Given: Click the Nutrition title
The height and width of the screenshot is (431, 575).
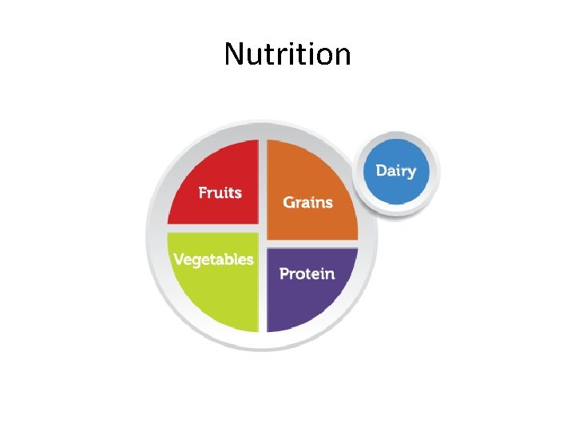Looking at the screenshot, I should click(x=287, y=55).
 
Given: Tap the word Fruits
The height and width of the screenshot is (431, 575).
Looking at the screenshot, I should click(x=220, y=192).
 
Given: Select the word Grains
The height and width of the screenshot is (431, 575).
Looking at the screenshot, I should click(x=307, y=202).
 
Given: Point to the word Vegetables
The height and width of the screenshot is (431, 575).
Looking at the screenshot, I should click(x=213, y=259).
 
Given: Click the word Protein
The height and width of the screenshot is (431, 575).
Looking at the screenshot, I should click(x=307, y=274).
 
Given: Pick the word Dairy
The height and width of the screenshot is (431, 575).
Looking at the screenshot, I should click(x=396, y=171).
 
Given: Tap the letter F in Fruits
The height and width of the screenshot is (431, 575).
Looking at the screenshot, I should click(x=203, y=192).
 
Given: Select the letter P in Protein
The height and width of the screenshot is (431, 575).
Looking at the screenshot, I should click(x=284, y=274).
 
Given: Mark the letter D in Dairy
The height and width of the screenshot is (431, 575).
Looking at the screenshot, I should click(x=381, y=170).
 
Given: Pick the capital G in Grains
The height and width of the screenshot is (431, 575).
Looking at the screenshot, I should click(x=289, y=202).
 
